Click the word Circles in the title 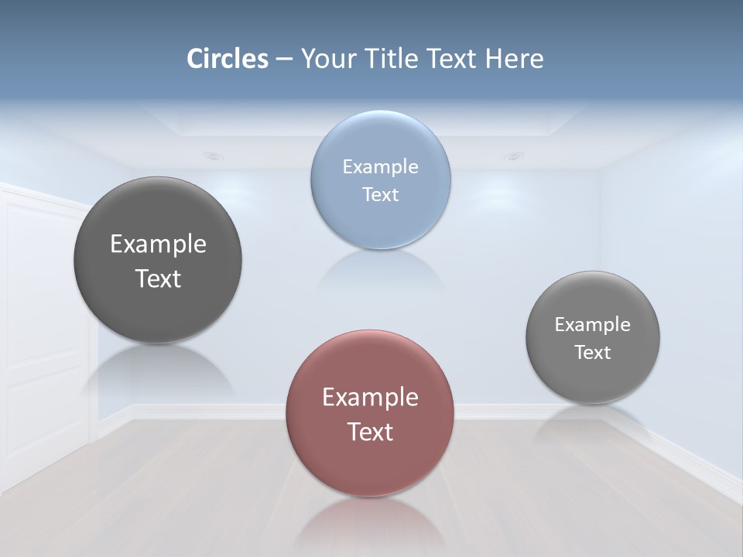[x=228, y=59]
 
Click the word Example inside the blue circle [x=381, y=166]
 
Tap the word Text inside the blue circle [x=381, y=194]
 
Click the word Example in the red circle [x=370, y=397]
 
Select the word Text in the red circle [x=370, y=432]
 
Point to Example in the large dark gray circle [x=158, y=244]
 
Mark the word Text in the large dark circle [x=158, y=278]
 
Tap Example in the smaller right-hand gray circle [x=593, y=324]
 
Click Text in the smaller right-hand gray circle [x=593, y=352]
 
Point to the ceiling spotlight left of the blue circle [x=214, y=156]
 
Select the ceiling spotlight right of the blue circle [x=513, y=156]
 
